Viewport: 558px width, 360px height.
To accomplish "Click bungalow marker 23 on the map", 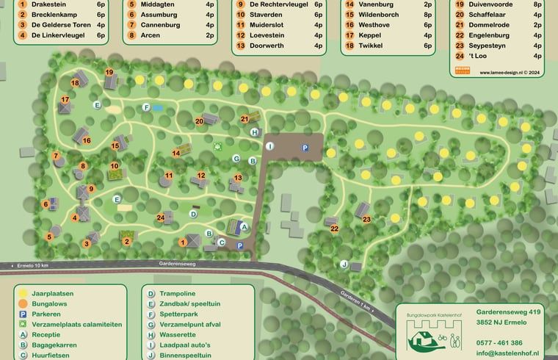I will point(366,219).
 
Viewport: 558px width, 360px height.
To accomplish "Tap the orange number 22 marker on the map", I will point(334,228).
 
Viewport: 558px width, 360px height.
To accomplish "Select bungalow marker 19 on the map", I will point(109,72).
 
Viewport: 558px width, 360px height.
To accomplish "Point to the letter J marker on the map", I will point(343,264).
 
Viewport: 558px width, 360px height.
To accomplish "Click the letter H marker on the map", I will point(254,132).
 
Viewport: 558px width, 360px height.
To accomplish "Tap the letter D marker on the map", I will point(193,214).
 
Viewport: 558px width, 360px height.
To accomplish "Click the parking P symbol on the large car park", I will point(305,148).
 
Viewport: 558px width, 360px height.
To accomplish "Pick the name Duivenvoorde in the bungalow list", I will point(494,4).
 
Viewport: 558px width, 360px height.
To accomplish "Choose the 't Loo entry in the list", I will point(477,56).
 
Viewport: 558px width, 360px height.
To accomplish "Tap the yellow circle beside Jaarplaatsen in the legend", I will point(24,293).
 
